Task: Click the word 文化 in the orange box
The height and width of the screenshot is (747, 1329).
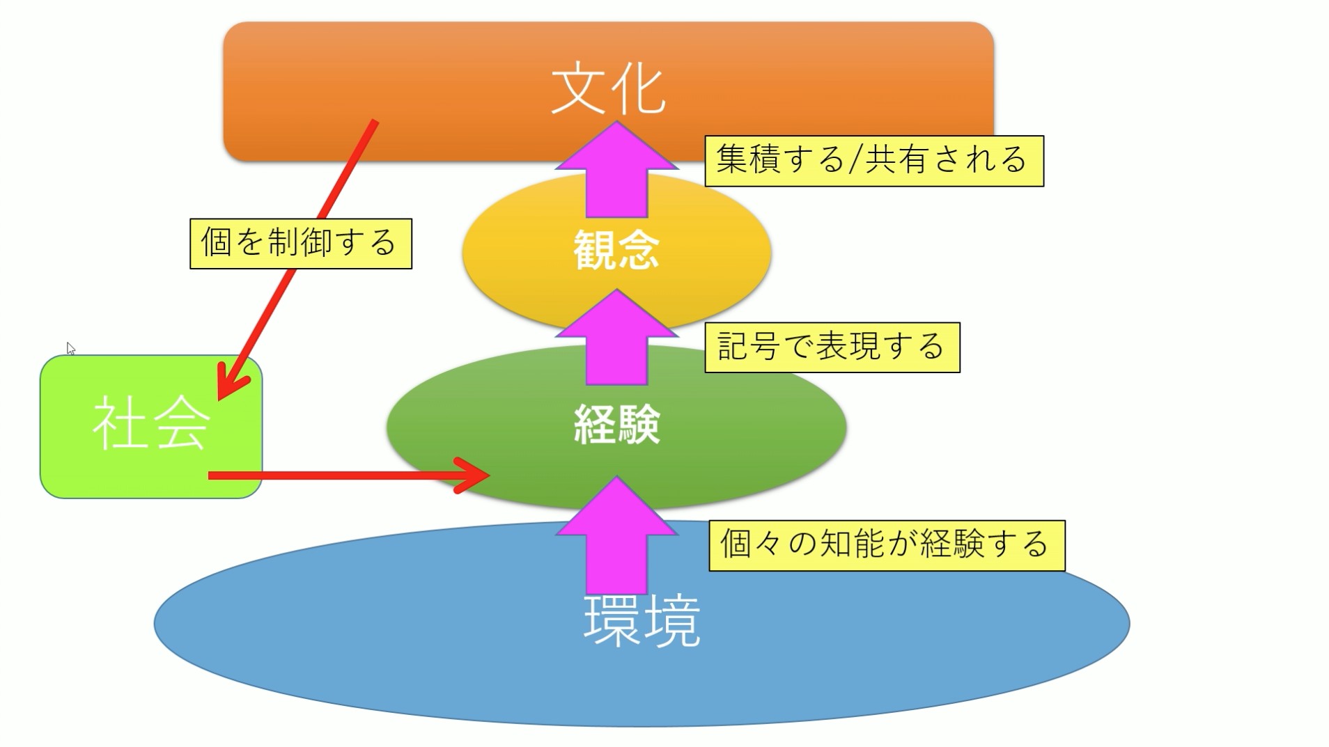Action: (x=607, y=91)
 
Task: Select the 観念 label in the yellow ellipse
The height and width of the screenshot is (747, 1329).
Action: (x=616, y=250)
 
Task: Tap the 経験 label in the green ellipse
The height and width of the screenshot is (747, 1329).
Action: (x=616, y=424)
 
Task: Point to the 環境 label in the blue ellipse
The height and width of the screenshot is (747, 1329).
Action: (x=642, y=621)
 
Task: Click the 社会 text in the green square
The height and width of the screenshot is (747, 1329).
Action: (x=150, y=423)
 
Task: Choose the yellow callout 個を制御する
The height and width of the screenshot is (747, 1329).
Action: (x=301, y=244)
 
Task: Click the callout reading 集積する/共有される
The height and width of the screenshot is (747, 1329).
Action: (x=873, y=161)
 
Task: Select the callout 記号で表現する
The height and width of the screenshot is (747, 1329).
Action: (x=832, y=347)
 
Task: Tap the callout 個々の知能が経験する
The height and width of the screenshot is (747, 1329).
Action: (x=886, y=545)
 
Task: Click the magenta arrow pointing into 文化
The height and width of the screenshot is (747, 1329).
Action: (x=616, y=171)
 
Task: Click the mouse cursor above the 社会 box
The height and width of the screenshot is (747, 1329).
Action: (x=70, y=348)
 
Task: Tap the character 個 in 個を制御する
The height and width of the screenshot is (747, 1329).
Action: (x=216, y=243)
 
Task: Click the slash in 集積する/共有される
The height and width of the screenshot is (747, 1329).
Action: (x=855, y=161)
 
